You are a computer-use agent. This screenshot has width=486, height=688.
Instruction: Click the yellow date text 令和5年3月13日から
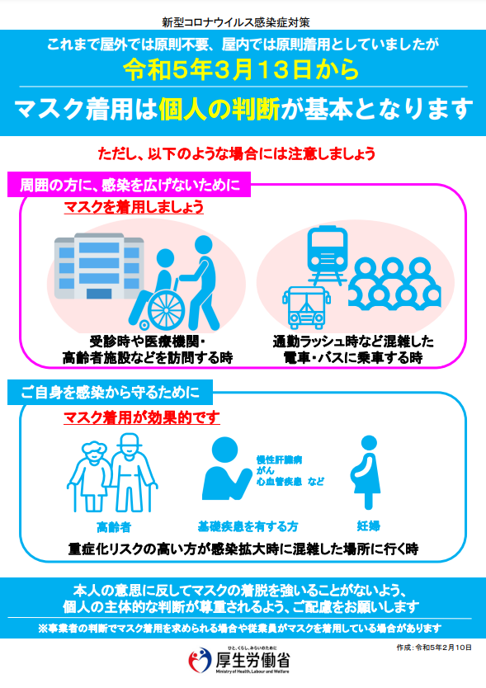[241, 69]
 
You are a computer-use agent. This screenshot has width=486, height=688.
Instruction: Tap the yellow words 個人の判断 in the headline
[219, 109]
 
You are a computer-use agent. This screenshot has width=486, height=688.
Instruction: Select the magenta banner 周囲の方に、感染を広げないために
[129, 185]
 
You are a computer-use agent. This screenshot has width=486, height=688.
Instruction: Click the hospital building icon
[99, 266]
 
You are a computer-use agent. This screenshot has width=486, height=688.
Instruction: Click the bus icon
[306, 308]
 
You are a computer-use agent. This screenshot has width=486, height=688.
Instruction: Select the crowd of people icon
[394, 284]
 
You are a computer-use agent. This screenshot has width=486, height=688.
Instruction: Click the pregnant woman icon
[366, 471]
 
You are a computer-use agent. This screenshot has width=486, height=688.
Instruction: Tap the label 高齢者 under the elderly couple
[114, 526]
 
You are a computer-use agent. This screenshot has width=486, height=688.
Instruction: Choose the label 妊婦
[368, 525]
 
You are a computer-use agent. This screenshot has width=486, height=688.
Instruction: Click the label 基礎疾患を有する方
[248, 526]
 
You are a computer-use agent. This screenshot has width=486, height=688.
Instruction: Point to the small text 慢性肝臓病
[279, 459]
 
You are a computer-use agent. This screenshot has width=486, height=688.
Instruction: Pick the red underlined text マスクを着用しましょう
[134, 207]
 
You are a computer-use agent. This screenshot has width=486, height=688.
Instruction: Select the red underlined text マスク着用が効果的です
[141, 417]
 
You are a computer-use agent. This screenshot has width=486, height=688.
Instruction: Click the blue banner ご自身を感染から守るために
[111, 393]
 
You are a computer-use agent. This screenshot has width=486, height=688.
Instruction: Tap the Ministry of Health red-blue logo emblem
[200, 659]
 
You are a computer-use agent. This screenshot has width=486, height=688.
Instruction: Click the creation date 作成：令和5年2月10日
[434, 648]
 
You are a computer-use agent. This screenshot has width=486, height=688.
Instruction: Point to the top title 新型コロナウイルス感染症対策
[236, 22]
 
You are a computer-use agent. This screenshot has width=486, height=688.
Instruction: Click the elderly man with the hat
[133, 472]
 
